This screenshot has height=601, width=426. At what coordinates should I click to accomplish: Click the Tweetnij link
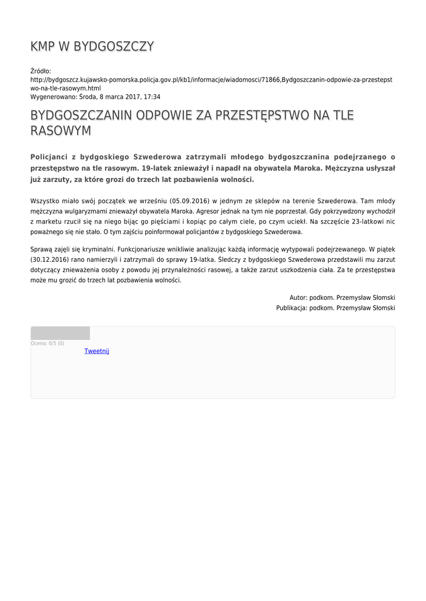point(96,351)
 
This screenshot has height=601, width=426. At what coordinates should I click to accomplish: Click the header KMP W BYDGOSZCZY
point(92,46)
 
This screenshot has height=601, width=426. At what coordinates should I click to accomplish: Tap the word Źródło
point(41,71)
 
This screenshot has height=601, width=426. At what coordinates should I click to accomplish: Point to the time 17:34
point(152,97)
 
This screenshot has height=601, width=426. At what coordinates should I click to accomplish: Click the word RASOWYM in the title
point(61,130)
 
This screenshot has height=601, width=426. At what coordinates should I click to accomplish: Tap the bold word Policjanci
point(52,157)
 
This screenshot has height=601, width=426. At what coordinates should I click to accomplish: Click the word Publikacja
point(291,308)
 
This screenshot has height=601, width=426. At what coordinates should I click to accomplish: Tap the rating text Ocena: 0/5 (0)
point(48,343)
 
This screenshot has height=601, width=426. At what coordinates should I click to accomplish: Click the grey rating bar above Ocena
point(60,333)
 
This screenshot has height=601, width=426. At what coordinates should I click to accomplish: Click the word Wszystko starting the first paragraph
point(44,201)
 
